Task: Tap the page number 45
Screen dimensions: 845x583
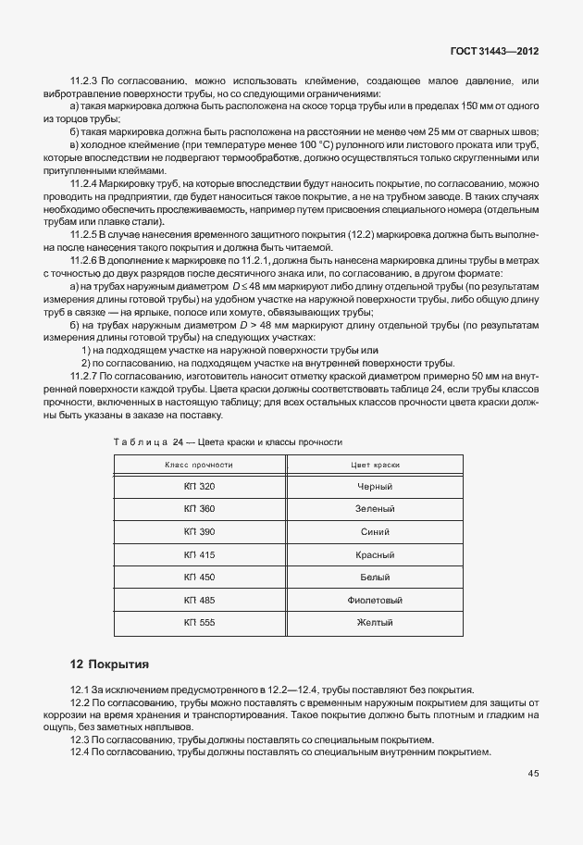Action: pos(534,773)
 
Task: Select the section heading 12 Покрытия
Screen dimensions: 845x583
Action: pos(109,665)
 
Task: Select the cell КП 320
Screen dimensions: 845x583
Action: pos(199,486)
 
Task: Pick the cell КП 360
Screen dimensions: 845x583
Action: pos(199,509)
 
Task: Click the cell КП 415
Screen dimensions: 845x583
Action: pos(199,554)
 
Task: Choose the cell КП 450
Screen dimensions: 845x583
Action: pos(199,577)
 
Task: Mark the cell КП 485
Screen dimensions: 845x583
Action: pos(199,600)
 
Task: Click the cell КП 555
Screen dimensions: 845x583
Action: pos(199,622)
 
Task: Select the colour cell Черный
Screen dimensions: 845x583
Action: pos(375,486)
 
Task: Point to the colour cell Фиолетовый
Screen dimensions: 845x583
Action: pos(375,600)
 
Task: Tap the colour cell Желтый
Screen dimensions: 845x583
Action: pos(375,622)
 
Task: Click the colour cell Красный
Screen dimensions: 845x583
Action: pos(375,554)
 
